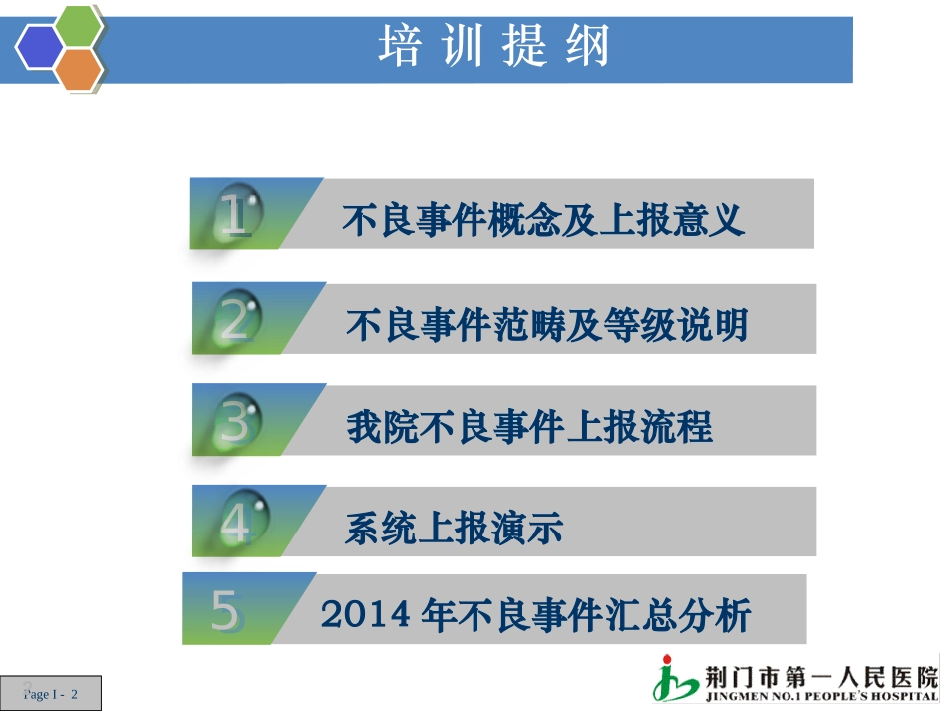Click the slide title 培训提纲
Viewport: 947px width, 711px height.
[494, 47]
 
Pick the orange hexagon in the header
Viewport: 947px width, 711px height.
[79, 68]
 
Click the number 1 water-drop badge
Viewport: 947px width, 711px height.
[235, 215]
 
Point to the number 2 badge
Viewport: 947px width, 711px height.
[236, 320]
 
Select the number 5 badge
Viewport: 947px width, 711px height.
[225, 610]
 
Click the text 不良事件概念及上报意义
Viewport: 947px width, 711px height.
[543, 219]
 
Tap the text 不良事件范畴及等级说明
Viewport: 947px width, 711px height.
[546, 324]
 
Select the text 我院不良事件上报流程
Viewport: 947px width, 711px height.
[529, 427]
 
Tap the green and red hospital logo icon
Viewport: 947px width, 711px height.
[677, 679]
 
